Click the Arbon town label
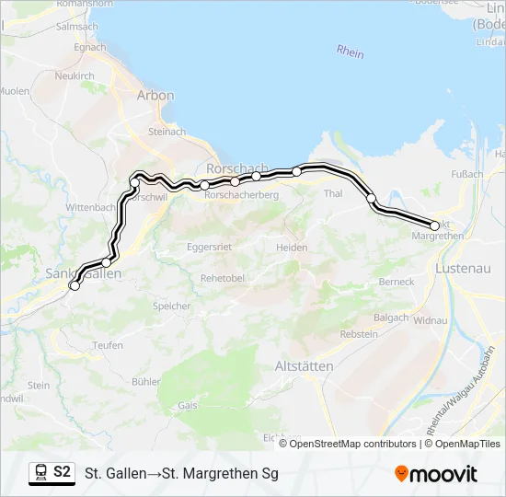[x=155, y=95]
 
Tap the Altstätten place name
[x=305, y=365]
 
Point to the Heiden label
[x=292, y=248]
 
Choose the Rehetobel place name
[x=221, y=278]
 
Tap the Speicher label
[x=172, y=306]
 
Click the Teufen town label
[x=108, y=345]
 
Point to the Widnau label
[x=431, y=320]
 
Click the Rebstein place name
[x=358, y=335]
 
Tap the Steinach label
[x=167, y=133]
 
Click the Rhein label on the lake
[x=350, y=52]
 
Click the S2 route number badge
[x=62, y=472]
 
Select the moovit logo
[x=436, y=474]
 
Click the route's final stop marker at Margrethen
[x=434, y=225]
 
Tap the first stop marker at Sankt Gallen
[x=75, y=285]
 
